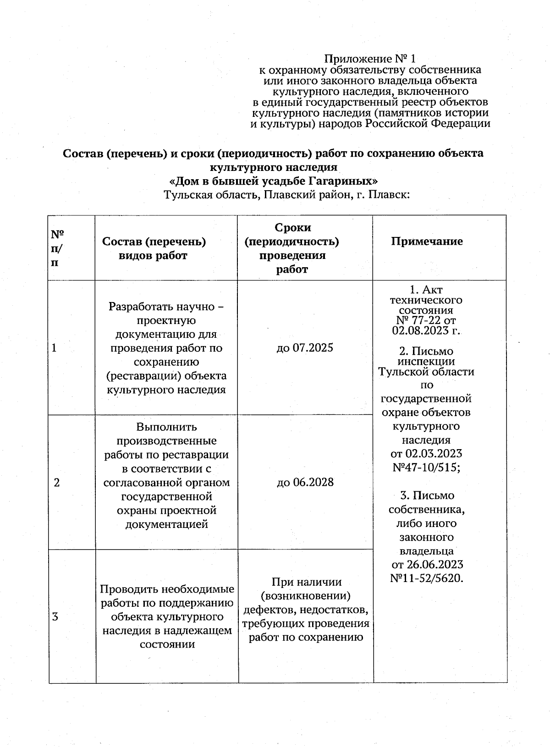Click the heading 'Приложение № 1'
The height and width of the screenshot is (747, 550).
point(370,59)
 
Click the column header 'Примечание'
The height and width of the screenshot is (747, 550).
point(427,242)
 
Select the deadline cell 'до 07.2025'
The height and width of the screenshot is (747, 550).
point(305,348)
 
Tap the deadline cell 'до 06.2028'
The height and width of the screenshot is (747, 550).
point(305,482)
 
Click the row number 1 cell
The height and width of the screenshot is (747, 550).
point(55,348)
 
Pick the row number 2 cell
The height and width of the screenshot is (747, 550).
point(57,482)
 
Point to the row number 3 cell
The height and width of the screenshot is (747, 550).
point(55,616)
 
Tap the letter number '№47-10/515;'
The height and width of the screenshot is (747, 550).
point(427,467)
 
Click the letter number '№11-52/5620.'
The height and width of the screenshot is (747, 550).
point(427,578)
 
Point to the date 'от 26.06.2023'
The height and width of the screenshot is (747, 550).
point(427,564)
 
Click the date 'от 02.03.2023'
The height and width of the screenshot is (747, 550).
point(427,454)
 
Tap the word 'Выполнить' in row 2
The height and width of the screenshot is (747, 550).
point(166,427)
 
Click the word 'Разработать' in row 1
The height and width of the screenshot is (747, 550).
point(137,306)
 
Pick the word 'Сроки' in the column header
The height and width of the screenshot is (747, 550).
point(292,228)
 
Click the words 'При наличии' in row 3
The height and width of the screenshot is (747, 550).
point(307,582)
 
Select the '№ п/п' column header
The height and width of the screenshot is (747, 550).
point(57,248)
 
